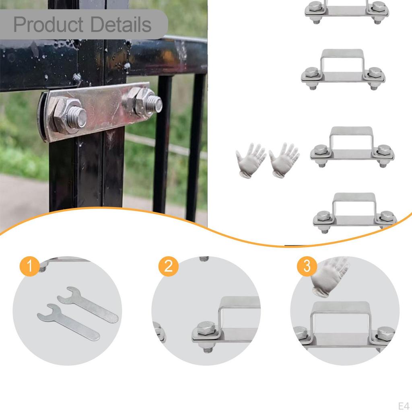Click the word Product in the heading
tap(48, 25)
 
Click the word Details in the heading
tap(121, 25)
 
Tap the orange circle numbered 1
tap(30, 266)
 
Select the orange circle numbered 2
tap(169, 266)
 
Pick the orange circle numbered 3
tap(307, 266)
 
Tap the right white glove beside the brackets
tap(284, 160)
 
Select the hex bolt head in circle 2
tap(206, 328)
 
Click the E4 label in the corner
tap(404, 406)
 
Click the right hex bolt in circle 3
tap(386, 334)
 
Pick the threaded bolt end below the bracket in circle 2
tap(208, 347)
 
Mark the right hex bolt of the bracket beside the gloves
tap(384, 150)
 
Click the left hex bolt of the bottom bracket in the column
tap(323, 216)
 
